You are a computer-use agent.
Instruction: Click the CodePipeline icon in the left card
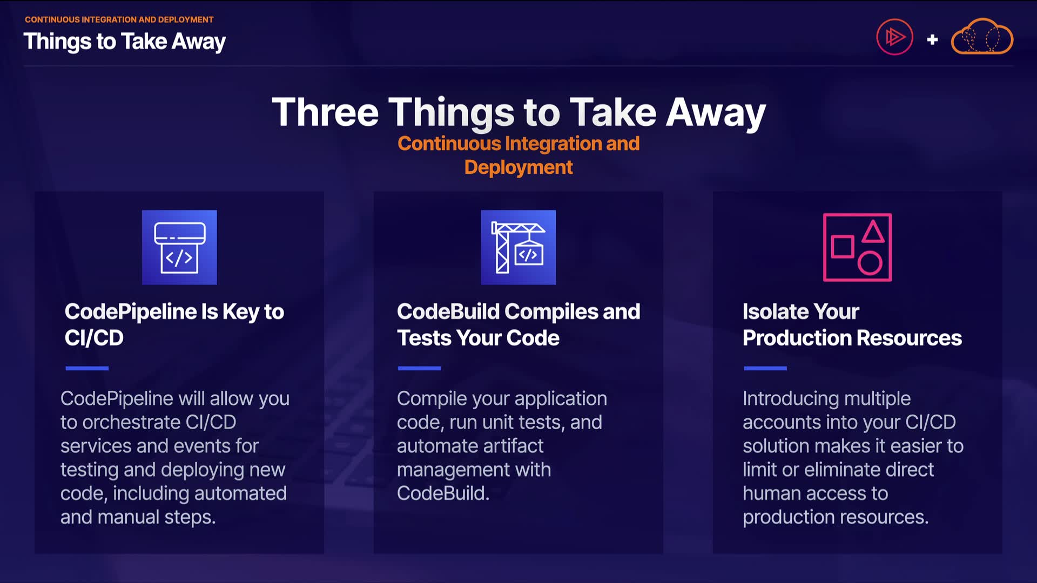click(179, 247)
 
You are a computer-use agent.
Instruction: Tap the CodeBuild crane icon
click(518, 247)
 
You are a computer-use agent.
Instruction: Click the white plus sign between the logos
click(932, 39)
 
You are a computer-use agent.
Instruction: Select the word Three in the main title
click(325, 112)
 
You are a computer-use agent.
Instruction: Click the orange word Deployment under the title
click(518, 167)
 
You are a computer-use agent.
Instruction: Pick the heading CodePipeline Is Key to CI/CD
click(174, 324)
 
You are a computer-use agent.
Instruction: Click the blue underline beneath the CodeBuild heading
click(419, 368)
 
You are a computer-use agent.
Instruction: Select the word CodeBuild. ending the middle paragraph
click(443, 493)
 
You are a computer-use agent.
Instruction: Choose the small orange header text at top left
click(119, 19)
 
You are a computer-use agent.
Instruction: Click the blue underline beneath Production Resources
click(765, 368)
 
